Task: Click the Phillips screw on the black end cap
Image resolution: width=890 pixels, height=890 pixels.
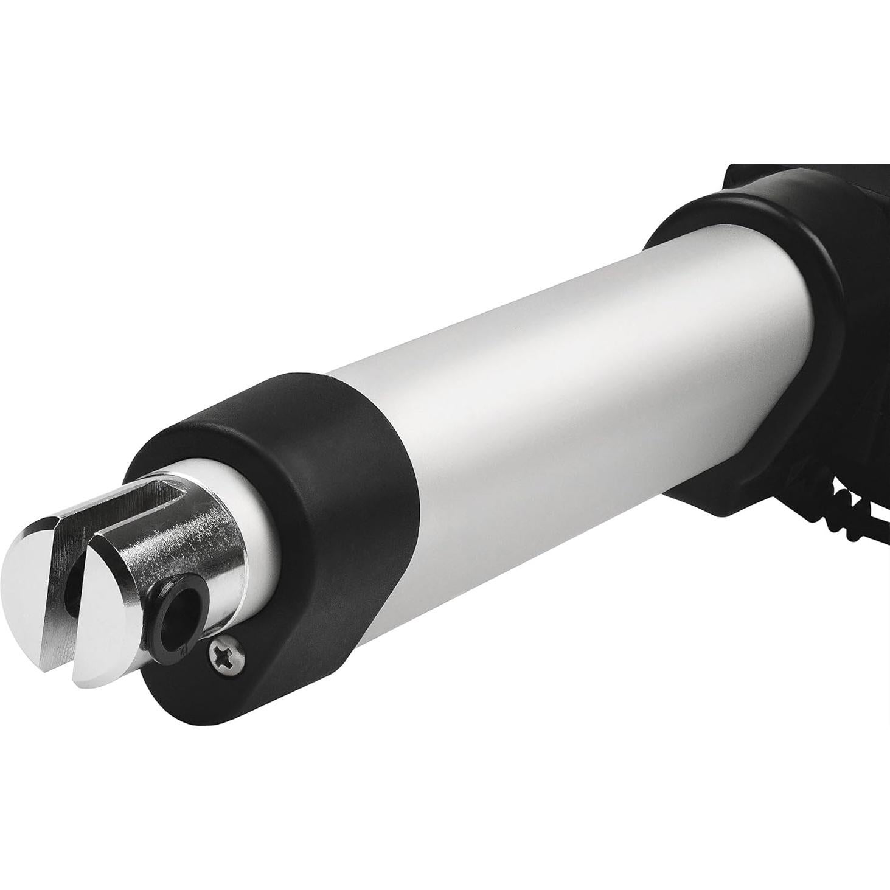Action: (x=226, y=656)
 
